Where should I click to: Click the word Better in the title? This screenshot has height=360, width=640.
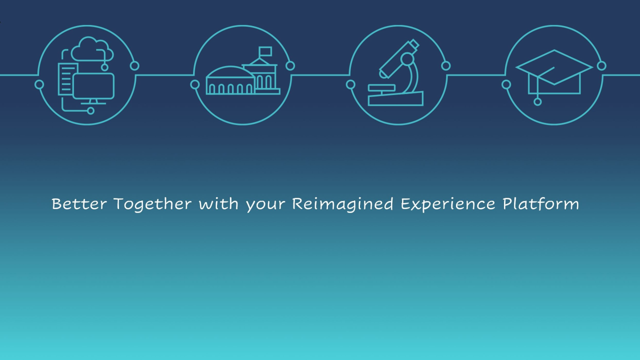pyautogui.click(x=79, y=204)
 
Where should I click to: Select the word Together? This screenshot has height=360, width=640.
pyautogui.click(x=152, y=204)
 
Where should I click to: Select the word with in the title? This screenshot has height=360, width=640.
pyautogui.click(x=218, y=204)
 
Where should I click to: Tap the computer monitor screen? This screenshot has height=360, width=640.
pyautogui.click(x=93, y=86)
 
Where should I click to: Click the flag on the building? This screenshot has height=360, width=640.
pyautogui.click(x=265, y=51)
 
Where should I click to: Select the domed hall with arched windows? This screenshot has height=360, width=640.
pyautogui.click(x=230, y=83)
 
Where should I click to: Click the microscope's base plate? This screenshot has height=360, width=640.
pyautogui.click(x=395, y=99)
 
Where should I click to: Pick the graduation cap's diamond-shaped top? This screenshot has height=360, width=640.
pyautogui.click(x=554, y=67)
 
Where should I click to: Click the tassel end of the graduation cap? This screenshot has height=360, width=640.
pyautogui.click(x=537, y=101)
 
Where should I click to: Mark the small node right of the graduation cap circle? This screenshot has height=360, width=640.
pyautogui.click(x=601, y=65)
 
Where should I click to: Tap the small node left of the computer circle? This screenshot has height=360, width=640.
pyautogui.click(x=39, y=84)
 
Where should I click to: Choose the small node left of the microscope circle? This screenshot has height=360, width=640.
pyautogui.click(x=350, y=84)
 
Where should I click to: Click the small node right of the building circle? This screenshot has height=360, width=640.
pyautogui.click(x=290, y=65)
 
